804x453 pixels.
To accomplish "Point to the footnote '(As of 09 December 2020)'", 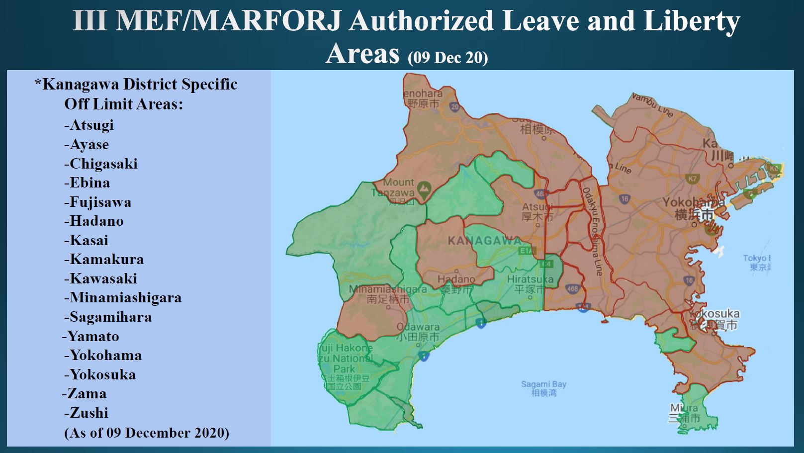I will pos(147,433).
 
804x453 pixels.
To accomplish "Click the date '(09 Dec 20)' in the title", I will pos(447,58).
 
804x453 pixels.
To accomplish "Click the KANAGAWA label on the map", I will pos(485,241).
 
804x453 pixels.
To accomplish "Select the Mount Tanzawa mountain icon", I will pos(423,188).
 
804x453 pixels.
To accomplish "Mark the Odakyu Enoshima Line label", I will pos(593,231).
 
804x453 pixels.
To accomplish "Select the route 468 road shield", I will pos(572,288).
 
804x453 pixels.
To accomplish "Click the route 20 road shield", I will pos(454,106).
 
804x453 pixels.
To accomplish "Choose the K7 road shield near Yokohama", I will pos(692,178).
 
